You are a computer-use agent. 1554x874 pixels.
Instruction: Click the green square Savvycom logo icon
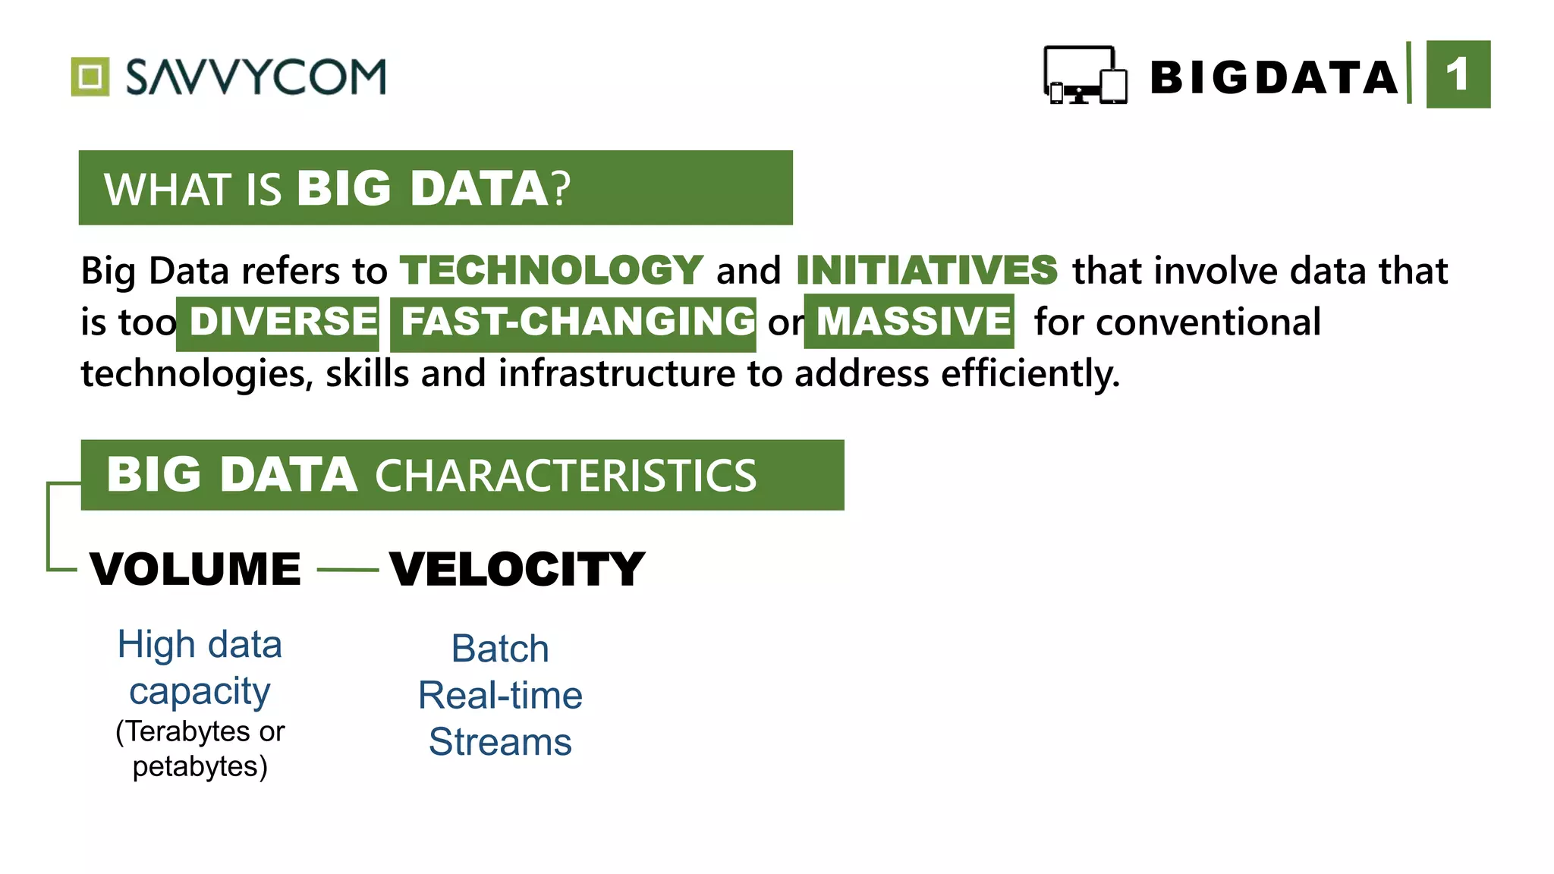[90, 77]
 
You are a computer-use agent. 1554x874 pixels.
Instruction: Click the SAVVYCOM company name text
[256, 77]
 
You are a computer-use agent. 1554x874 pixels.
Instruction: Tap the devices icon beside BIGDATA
[1084, 75]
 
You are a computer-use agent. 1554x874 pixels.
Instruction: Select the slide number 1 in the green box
[1458, 75]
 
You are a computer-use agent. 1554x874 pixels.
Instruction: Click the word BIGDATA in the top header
[1273, 78]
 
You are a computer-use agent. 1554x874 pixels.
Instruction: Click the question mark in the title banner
[561, 188]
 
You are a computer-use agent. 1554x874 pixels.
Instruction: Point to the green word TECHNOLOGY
[552, 270]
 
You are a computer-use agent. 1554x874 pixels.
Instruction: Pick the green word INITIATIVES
[926, 270]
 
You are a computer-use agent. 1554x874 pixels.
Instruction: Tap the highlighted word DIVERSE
[282, 322]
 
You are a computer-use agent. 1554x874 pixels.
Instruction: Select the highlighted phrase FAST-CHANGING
[577, 322]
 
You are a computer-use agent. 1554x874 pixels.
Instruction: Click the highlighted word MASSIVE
[913, 322]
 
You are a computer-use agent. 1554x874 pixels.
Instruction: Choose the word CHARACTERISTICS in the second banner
[565, 476]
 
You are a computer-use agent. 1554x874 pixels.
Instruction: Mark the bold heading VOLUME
[196, 569]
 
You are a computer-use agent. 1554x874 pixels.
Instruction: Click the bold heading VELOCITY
[517, 569]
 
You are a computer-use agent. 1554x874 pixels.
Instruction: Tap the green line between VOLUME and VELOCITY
[348, 570]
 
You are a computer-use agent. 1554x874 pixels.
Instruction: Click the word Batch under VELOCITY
[500, 649]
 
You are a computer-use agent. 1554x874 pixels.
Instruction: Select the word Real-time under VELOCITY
[500, 696]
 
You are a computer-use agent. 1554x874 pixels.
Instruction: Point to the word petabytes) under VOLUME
[200, 766]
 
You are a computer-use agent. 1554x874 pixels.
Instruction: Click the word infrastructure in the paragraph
[616, 373]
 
